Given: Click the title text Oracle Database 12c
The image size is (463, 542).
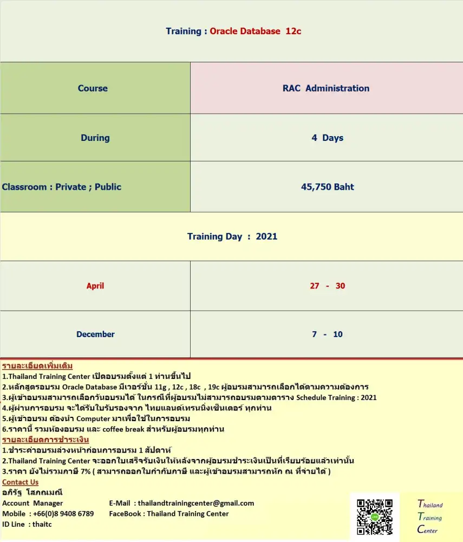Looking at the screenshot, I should (255, 31).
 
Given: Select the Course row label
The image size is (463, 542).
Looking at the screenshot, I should (93, 88).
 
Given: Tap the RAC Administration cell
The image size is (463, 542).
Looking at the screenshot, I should (326, 88).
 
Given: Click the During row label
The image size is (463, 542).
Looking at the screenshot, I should (95, 138).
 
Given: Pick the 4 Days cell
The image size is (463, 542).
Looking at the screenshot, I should (327, 138).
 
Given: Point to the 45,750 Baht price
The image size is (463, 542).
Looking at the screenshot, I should (327, 187).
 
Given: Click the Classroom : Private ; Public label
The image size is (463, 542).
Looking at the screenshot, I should (62, 187).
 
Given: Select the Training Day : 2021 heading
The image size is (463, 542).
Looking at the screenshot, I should (232, 236).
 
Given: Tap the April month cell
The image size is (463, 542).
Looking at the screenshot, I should (95, 286).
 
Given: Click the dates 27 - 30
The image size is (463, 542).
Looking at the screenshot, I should (327, 286).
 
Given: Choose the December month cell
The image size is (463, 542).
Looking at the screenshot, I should (95, 334).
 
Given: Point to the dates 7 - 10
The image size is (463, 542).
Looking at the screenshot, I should (327, 334).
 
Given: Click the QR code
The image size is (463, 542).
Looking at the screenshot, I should (375, 517).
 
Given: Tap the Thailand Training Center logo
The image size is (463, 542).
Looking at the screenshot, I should (430, 517).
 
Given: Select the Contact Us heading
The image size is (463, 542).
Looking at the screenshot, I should (21, 482).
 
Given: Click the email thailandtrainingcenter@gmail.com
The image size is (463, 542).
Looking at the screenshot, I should (195, 503).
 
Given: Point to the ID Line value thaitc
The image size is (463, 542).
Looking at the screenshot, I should (42, 524).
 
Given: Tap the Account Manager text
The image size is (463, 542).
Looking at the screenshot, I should (32, 503).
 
